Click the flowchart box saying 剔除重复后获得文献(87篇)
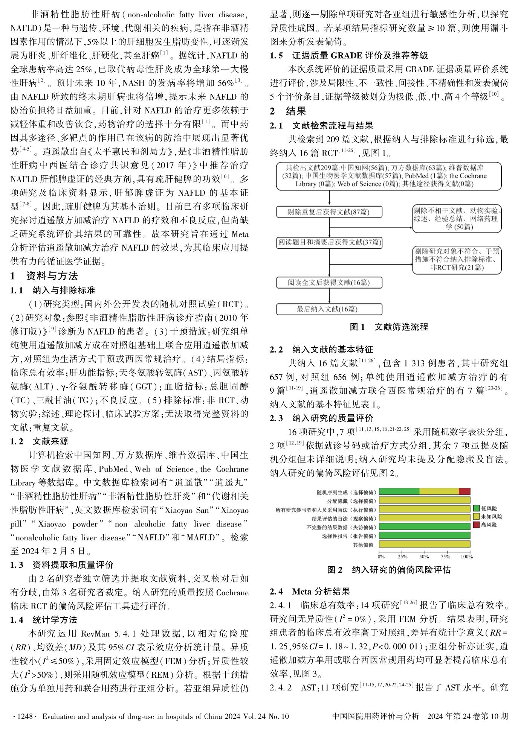tap(329, 212)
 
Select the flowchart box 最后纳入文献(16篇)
tap(329, 309)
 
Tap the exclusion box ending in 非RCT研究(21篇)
tap(457, 260)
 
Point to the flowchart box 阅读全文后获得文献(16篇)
tap(329, 282)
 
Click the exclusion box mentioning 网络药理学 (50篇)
tap(457, 219)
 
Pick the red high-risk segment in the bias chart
tap(464, 491)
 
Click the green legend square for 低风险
tap(476, 508)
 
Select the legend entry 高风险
tap(489, 525)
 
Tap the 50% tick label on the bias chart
tap(424, 557)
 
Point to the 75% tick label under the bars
tap(445, 557)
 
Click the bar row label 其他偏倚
tap(363, 544)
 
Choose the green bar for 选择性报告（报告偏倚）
tap(425, 535)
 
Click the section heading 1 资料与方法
tap(44, 276)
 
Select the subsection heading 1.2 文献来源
tap(39, 441)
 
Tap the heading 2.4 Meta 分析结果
tap(310, 592)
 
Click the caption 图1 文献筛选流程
tap(389, 327)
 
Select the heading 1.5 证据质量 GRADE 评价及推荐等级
tap(349, 56)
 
